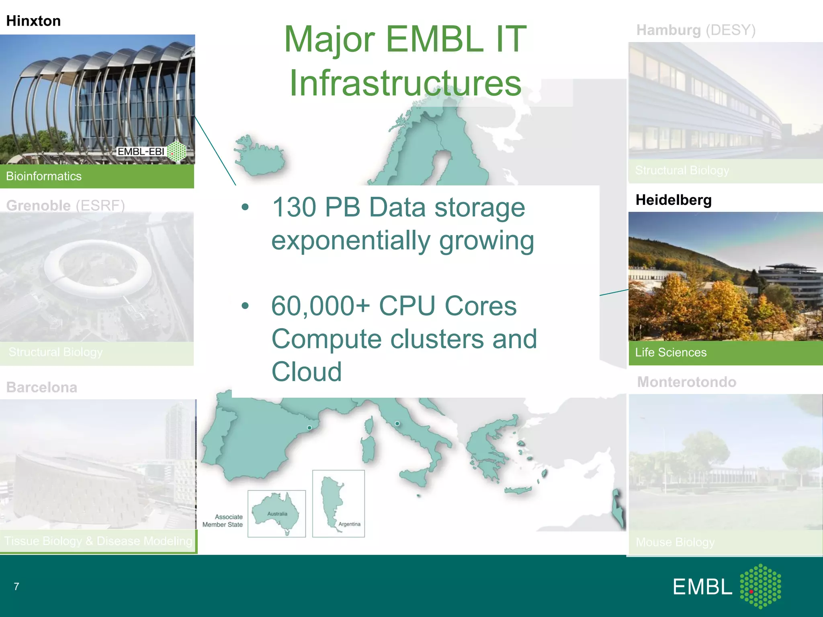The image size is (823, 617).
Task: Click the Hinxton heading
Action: tap(33, 21)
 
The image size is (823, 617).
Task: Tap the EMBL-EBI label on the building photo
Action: tap(141, 151)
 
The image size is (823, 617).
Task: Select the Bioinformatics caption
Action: tap(44, 176)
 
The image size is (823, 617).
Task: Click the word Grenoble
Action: tap(39, 206)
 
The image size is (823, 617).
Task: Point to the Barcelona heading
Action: tap(42, 387)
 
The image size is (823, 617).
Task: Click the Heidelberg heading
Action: tap(674, 200)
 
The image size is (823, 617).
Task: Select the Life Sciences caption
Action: tap(671, 353)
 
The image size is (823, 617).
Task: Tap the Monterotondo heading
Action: tap(687, 382)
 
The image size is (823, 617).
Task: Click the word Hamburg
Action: tap(668, 30)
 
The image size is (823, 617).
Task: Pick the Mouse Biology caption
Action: tap(675, 542)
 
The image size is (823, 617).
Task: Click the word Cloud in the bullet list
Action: tap(307, 372)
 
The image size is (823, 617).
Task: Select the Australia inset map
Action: tap(276, 513)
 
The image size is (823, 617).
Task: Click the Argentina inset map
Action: tap(338, 504)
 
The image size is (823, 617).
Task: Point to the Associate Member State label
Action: tap(223, 521)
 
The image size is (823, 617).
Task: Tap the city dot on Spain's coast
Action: tap(309, 428)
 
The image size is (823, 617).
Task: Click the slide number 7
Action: tap(16, 586)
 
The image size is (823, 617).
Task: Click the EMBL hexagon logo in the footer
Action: tap(761, 586)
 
